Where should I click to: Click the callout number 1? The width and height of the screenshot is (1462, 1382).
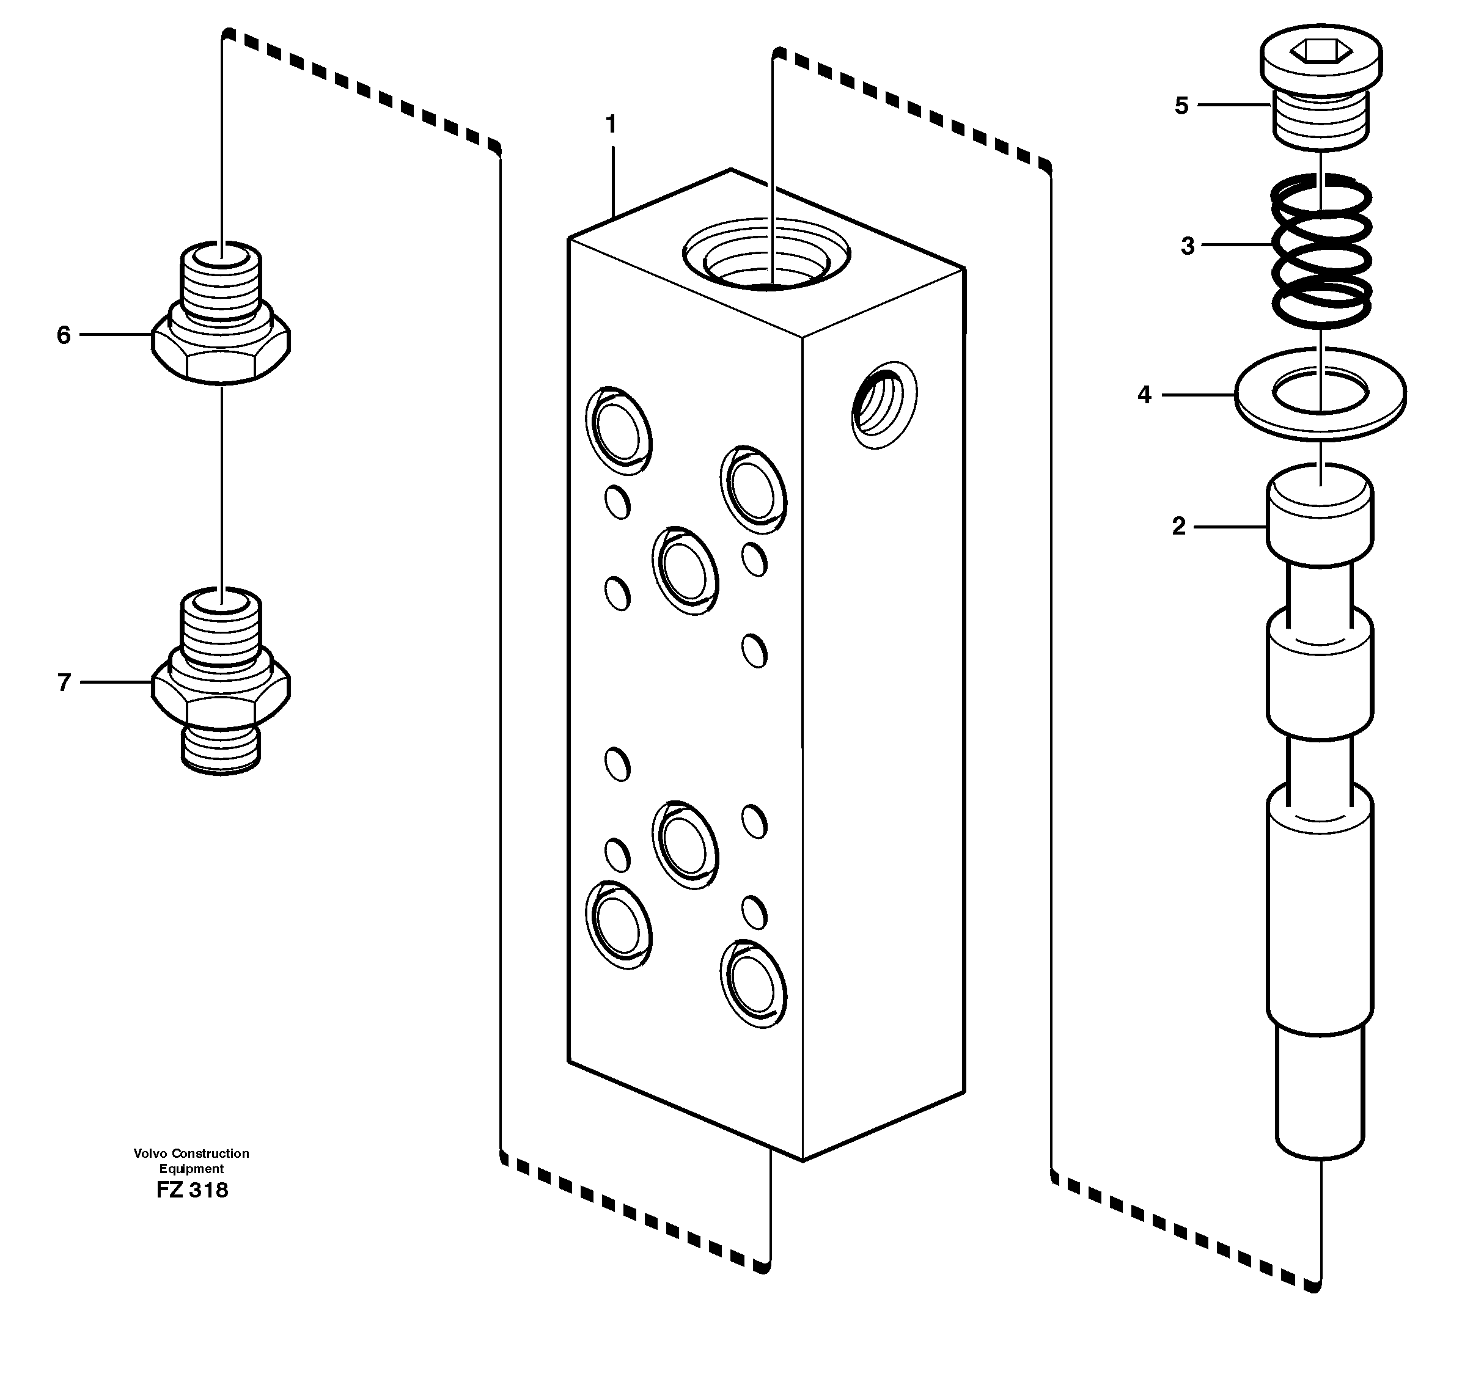pyautogui.click(x=610, y=125)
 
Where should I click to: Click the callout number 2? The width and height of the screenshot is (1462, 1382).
pyautogui.click(x=1178, y=527)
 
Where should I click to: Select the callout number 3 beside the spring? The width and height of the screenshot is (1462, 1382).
pyautogui.click(x=1187, y=246)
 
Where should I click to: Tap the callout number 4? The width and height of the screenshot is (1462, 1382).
pyautogui.click(x=1144, y=395)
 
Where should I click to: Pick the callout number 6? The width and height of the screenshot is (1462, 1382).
pyautogui.click(x=64, y=336)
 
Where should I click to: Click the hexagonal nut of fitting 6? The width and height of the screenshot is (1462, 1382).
pyautogui.click(x=221, y=354)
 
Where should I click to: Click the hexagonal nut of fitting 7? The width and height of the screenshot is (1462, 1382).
pyautogui.click(x=221, y=700)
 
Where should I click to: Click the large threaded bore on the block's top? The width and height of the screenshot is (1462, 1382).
pyautogui.click(x=766, y=254)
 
